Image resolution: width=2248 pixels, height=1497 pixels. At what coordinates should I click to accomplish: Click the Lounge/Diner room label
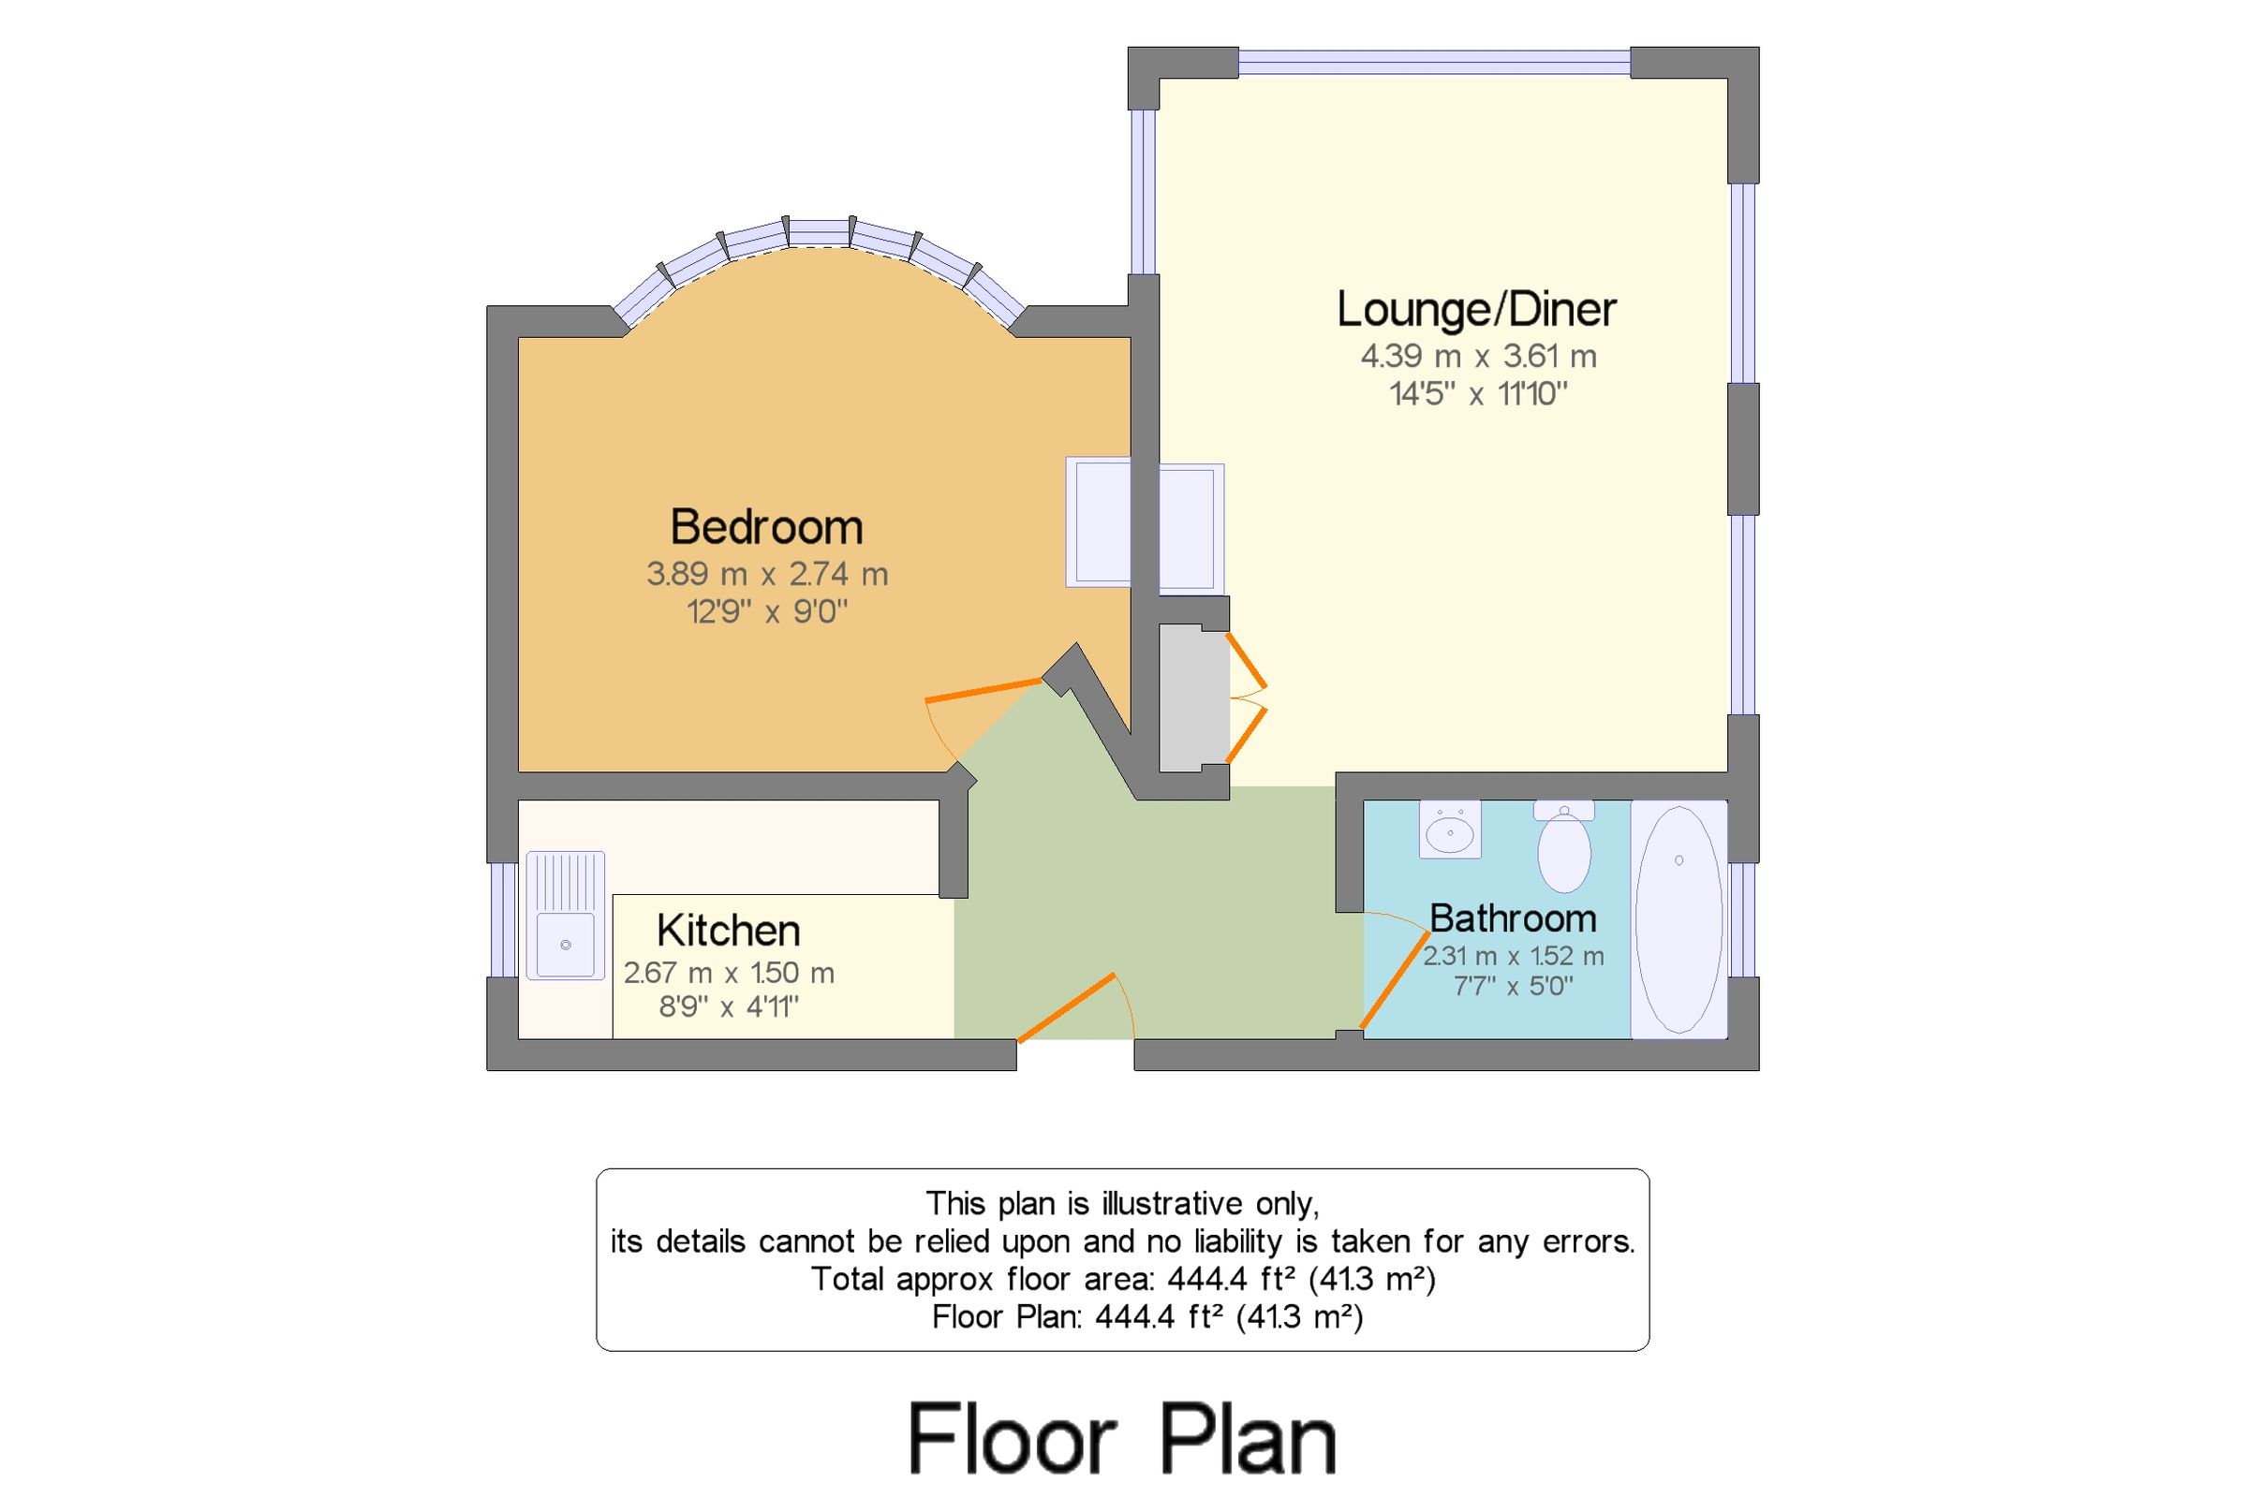click(1475, 310)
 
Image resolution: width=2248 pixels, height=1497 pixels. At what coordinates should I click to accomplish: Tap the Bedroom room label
click(767, 527)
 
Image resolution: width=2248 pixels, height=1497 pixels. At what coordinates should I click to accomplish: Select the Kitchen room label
click(728, 931)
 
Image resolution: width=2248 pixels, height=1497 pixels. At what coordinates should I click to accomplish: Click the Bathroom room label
click(1513, 918)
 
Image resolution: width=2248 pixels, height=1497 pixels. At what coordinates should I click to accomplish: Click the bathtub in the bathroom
click(1678, 919)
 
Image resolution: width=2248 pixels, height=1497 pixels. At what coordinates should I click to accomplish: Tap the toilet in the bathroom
click(1563, 849)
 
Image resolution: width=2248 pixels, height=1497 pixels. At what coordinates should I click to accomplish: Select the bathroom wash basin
click(1450, 830)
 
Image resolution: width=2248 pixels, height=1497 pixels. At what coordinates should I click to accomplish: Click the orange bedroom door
click(983, 690)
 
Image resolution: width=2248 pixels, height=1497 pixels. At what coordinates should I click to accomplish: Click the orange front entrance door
click(1067, 1008)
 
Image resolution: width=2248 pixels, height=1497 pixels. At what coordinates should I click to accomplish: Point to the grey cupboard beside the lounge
click(1192, 697)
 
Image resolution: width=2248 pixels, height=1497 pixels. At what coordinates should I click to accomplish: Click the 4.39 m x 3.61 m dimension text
click(1477, 357)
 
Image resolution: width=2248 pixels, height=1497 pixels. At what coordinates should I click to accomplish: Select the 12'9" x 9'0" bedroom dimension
click(767, 612)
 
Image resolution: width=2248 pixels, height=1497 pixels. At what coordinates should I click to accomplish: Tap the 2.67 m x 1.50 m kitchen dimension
click(729, 973)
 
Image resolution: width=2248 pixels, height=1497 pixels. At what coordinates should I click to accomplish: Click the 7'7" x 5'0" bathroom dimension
click(1513, 986)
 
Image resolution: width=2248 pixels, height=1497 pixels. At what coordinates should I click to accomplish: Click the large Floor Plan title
click(1122, 1439)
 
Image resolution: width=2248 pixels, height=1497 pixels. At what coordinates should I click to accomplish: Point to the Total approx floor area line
click(1122, 1279)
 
